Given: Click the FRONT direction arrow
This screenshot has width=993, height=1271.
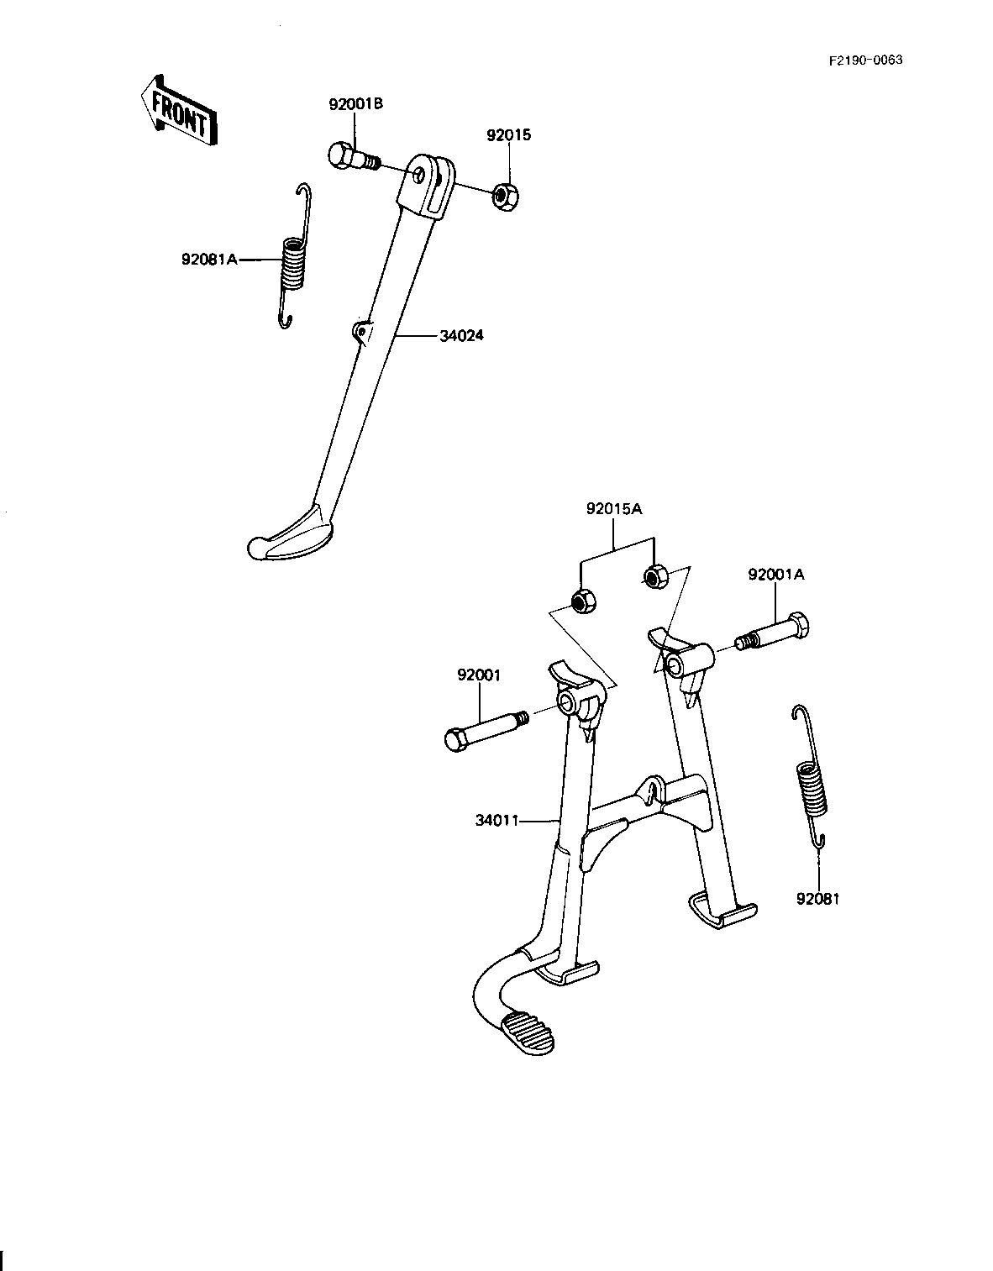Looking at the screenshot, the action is (178, 110).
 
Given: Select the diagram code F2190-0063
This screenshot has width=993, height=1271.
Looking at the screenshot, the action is (865, 60).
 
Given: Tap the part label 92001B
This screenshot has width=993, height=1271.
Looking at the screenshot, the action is (355, 104).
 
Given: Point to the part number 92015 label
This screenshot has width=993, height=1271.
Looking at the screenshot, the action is (509, 135).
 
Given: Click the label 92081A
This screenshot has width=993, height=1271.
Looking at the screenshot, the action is (210, 259).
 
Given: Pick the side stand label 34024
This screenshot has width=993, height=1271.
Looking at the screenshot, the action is (461, 336).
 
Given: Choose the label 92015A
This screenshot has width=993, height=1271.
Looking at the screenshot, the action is (614, 509).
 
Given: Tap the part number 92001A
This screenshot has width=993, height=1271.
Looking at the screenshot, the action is (776, 575).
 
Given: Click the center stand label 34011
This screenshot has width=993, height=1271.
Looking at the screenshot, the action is (497, 821).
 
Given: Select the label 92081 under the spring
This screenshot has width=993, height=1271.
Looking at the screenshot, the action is (817, 899).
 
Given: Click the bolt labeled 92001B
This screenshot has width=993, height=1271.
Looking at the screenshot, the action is (352, 156).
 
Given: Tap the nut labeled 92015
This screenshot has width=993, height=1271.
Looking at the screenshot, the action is (506, 197).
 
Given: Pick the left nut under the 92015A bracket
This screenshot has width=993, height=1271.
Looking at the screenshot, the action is (582, 601).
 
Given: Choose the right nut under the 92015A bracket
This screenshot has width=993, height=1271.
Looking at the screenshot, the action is (655, 576).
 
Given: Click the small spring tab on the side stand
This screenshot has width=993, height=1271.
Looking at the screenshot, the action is (361, 332).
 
